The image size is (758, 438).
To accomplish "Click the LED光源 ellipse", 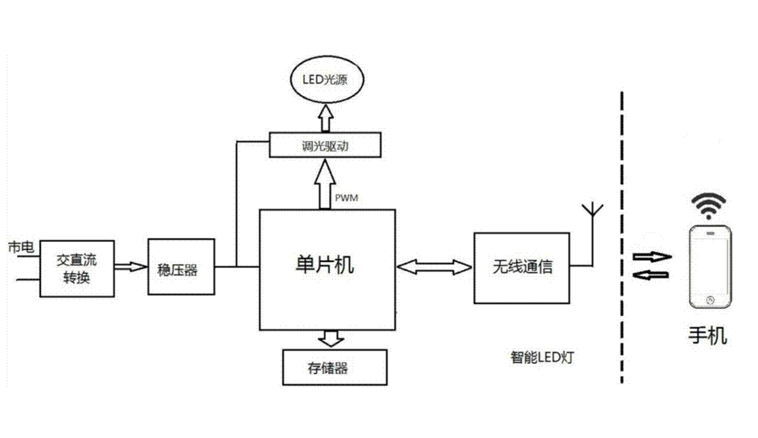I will pyautogui.click(x=326, y=79).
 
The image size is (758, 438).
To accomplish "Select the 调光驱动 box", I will pyautogui.click(x=325, y=145).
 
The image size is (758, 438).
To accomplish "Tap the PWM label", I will pyautogui.click(x=346, y=198).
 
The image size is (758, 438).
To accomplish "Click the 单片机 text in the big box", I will pyautogui.click(x=325, y=265).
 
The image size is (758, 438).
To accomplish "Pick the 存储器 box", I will pyautogui.click(x=335, y=368).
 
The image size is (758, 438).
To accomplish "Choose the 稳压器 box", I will pyautogui.click(x=181, y=267).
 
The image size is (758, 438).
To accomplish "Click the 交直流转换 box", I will pyautogui.click(x=77, y=269).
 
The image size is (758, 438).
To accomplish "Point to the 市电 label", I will pyautogui.click(x=21, y=247).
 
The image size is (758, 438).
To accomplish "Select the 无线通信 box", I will pyautogui.click(x=522, y=268).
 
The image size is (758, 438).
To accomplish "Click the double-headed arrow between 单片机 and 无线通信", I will pyautogui.click(x=434, y=267).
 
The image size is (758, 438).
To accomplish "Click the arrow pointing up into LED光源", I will pyautogui.click(x=326, y=118).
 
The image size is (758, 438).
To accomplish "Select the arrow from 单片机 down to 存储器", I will pyautogui.click(x=331, y=338).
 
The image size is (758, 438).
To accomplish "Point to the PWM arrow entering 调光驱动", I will pyautogui.click(x=325, y=184).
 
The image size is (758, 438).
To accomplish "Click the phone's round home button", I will pyautogui.click(x=710, y=300).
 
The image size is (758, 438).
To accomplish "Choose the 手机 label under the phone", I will pyautogui.click(x=708, y=335).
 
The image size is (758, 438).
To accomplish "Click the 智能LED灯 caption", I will pyautogui.click(x=542, y=358).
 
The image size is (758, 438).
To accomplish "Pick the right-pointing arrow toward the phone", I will pyautogui.click(x=652, y=257).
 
